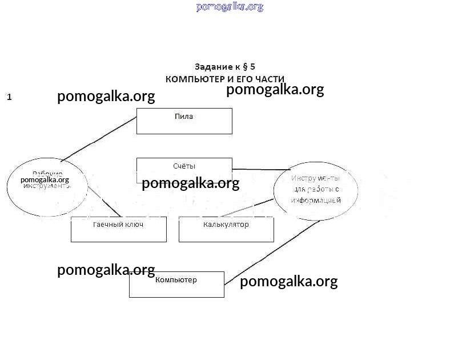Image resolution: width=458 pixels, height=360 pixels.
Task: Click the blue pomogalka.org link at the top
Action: [230, 7]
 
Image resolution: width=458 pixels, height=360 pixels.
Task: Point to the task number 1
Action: [9, 97]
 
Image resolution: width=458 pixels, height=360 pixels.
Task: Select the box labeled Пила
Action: [184, 121]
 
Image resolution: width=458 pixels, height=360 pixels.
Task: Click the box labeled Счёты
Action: [184, 166]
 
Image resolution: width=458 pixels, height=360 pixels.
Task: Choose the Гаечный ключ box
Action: [118, 230]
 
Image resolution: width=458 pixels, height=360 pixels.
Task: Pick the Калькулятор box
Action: [226, 230]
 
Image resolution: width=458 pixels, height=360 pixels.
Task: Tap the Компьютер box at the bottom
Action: [176, 285]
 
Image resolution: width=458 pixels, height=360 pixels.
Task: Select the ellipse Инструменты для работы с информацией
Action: [316, 190]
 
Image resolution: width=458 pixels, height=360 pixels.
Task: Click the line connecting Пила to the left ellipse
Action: [99, 139]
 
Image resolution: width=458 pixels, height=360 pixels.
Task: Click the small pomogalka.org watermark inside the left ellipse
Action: [45, 180]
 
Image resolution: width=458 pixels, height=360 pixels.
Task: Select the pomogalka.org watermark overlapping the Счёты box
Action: [190, 183]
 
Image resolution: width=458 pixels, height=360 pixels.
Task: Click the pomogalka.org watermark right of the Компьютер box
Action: [288, 282]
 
